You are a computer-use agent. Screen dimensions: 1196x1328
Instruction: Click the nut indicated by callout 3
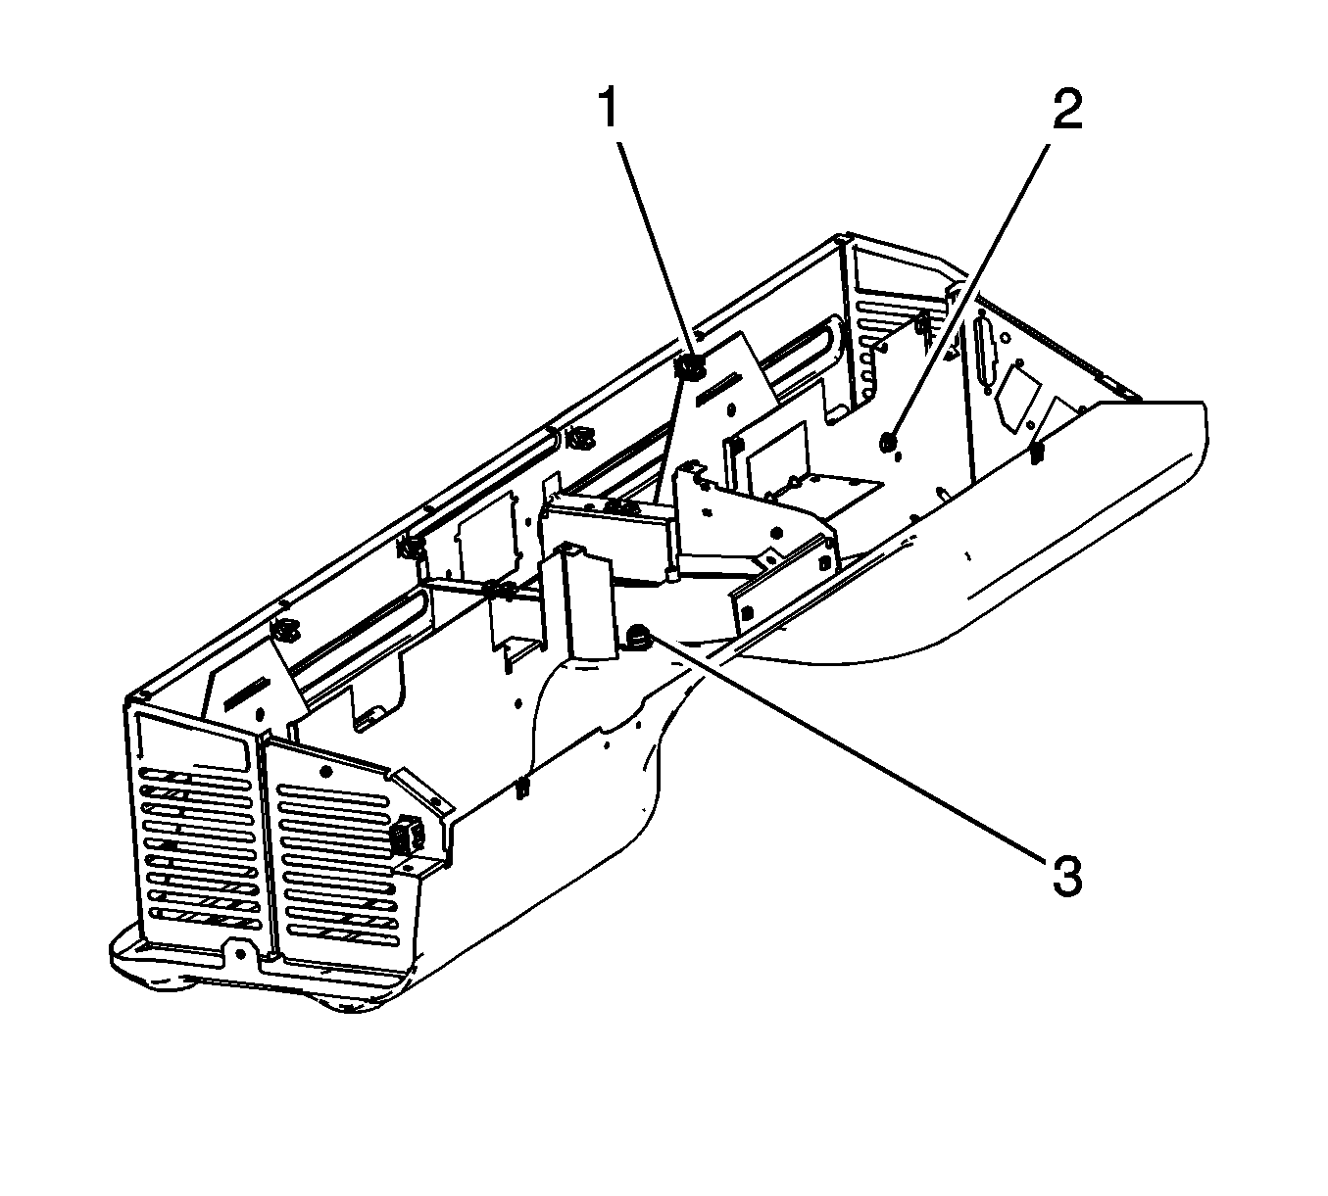tap(637, 638)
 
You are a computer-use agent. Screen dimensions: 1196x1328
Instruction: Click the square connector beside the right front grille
tap(405, 836)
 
